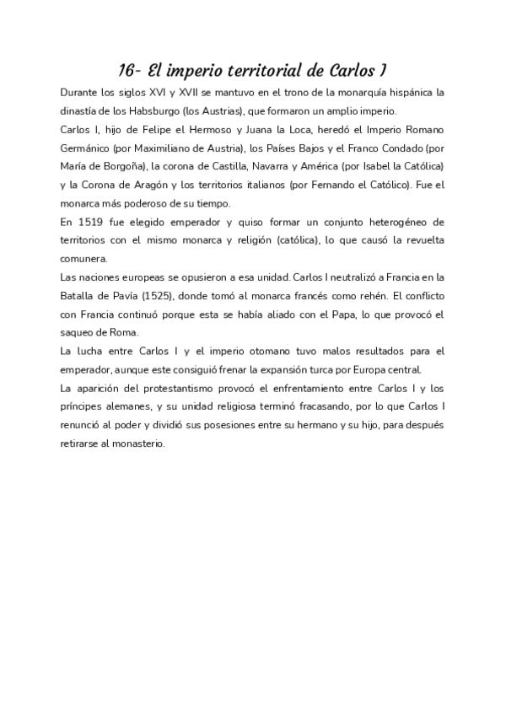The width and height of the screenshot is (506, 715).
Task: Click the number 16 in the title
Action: tap(127, 70)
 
